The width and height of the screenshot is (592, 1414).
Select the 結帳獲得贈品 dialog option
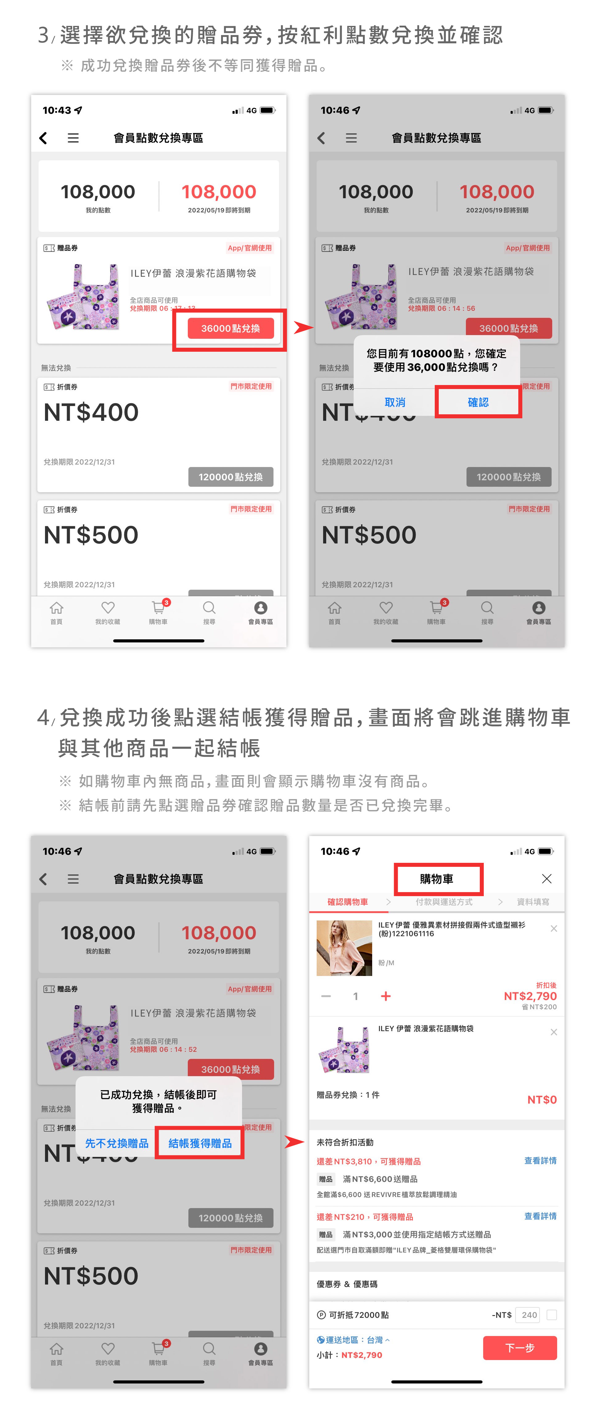200,1143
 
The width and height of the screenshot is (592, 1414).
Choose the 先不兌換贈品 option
117,1143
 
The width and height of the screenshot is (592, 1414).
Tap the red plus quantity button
385,996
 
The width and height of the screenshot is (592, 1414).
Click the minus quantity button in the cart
326,996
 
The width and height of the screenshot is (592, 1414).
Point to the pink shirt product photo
344,948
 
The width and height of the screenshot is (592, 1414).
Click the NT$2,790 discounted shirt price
530,996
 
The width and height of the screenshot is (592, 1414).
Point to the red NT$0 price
541,1100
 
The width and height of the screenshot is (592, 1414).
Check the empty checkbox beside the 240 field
552,1315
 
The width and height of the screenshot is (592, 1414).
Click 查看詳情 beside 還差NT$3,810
540,1160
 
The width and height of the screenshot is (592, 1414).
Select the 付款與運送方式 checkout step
444,902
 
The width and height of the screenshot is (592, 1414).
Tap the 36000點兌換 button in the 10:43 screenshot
231,328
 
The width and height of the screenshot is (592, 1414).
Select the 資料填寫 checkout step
533,902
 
